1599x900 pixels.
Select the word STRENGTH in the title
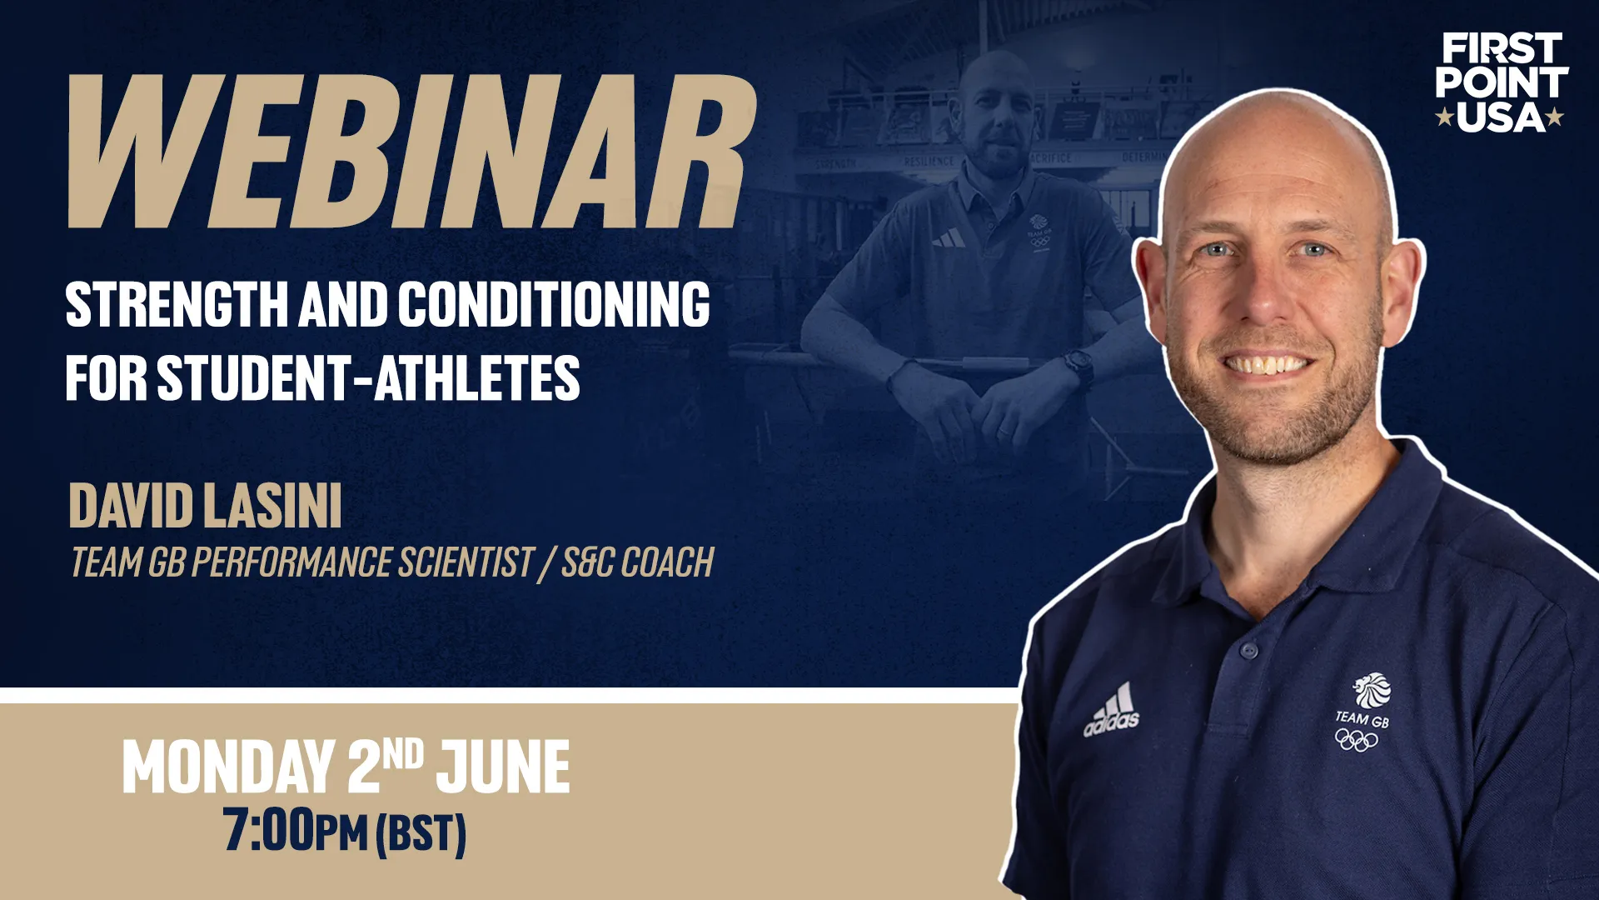(177, 304)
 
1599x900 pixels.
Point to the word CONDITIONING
(554, 304)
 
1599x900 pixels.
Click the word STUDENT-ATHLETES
(369, 377)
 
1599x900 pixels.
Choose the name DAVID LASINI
(206, 506)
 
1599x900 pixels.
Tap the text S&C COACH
(638, 562)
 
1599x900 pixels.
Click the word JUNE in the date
(504, 767)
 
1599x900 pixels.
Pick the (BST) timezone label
(421, 833)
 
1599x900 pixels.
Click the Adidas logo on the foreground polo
(1112, 710)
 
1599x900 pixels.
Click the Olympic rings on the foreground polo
(1357, 739)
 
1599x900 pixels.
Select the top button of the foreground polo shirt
(1248, 650)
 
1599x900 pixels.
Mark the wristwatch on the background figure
(1079, 366)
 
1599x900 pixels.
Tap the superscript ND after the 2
(404, 755)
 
